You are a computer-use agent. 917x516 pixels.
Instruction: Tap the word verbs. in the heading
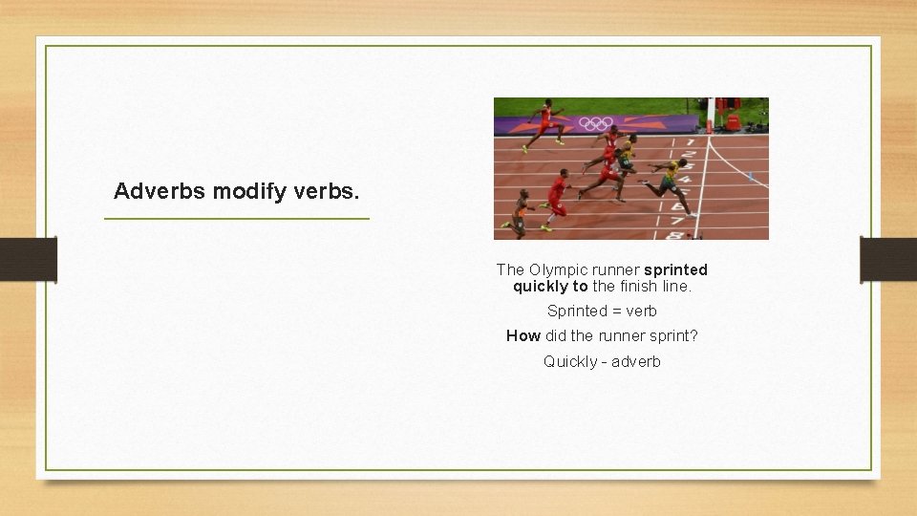tap(327, 191)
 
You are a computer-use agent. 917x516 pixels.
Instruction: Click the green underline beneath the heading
tap(236, 219)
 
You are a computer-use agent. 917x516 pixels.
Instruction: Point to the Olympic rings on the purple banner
tap(597, 123)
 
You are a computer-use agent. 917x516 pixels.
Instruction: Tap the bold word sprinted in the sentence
tap(675, 270)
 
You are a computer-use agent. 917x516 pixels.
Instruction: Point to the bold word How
tap(522, 336)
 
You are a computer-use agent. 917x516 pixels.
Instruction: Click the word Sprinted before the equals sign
tap(577, 312)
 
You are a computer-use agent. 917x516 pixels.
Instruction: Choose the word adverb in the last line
tap(636, 362)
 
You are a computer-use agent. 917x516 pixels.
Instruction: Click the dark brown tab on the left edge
tap(29, 259)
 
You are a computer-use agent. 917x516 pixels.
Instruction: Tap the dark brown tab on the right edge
tap(888, 259)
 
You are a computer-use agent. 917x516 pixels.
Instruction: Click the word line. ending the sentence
tap(674, 287)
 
